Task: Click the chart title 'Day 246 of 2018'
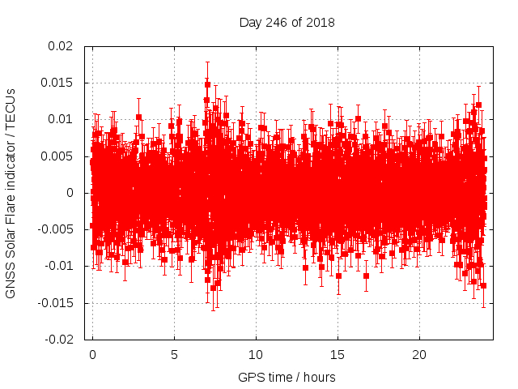coord(287,22)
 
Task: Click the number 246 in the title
coord(278,22)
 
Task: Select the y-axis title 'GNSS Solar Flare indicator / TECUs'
coord(11,193)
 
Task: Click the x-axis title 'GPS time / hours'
coord(287,377)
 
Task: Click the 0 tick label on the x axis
coord(92,355)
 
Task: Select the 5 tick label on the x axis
coord(174,355)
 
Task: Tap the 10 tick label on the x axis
coord(256,355)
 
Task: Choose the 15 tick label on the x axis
coord(338,355)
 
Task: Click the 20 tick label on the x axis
coord(419,355)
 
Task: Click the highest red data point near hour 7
coord(207,84)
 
